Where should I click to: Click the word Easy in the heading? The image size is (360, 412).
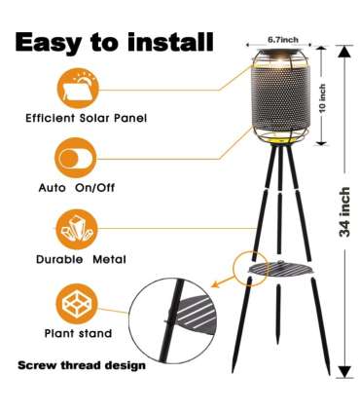coord(49,43)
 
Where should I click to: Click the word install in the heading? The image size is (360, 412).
coord(170,41)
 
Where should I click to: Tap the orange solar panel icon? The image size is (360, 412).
coord(78,88)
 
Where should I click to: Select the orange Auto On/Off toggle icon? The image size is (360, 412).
coord(76,158)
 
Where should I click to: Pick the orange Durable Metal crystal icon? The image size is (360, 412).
coord(77,229)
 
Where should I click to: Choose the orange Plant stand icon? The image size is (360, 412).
coord(77,304)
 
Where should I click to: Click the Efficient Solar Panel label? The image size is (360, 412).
coord(87,118)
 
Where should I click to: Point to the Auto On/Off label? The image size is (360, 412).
coord(77,188)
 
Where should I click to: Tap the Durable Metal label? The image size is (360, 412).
coord(81,259)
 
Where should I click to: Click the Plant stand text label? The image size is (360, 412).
coord(78,333)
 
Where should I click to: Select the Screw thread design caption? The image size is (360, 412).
coord(82,365)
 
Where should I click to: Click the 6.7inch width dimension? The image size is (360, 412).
coord(283,40)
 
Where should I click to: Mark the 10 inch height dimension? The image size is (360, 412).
coord(323,98)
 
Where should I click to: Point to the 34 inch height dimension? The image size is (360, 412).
coord(344,211)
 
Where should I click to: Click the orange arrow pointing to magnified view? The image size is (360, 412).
coord(223,281)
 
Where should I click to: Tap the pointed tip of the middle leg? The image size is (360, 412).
coord(277,343)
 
